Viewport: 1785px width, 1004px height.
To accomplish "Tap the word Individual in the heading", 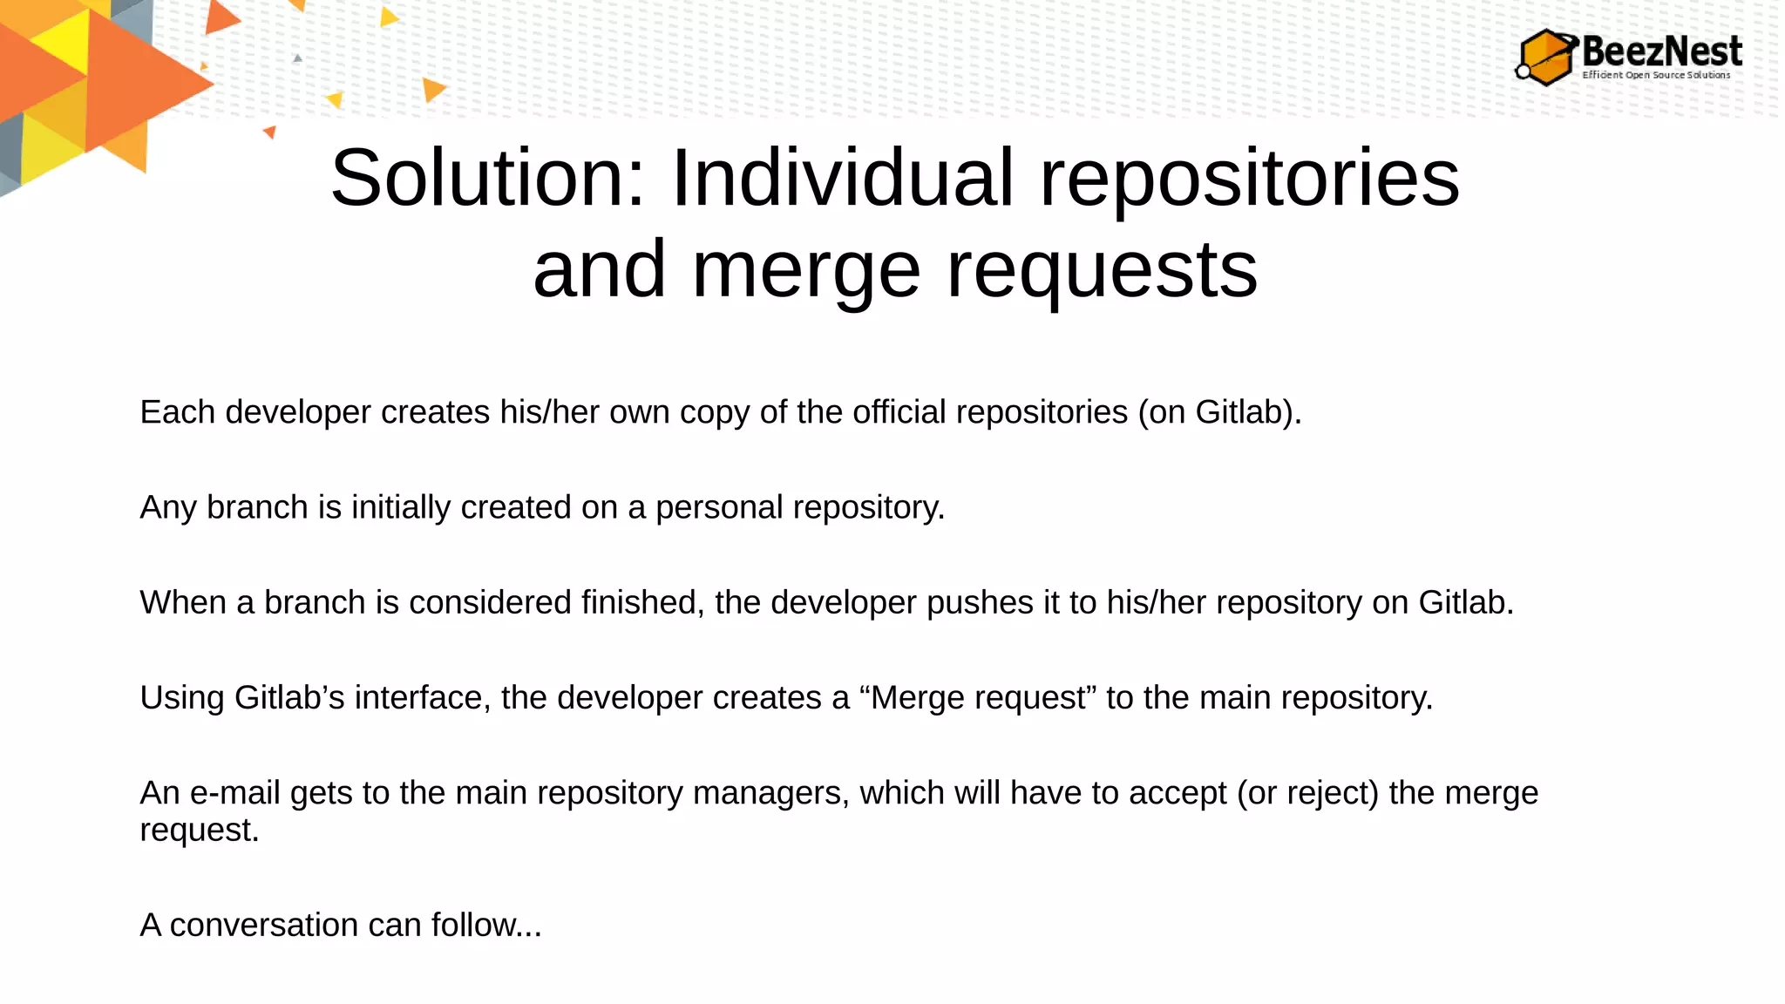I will pos(842,178).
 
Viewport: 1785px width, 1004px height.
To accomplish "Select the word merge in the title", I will pos(805,270).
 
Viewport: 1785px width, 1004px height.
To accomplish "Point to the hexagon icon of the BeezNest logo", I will pos(1546,58).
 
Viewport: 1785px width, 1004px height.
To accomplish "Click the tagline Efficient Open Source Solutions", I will pos(1656,75).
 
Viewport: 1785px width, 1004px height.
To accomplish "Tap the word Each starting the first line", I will pos(178,412).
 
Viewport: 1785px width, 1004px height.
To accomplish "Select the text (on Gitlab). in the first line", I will pos(1219,412).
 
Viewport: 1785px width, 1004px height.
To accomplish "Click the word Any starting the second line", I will pos(168,507).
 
